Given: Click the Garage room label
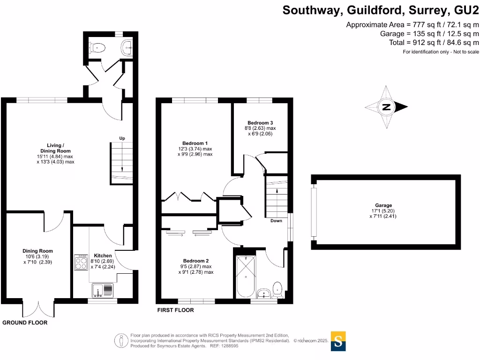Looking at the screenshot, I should pyautogui.click(x=383, y=205).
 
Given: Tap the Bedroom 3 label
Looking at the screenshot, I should pyautogui.click(x=260, y=122).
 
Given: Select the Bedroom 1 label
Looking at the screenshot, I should pyautogui.click(x=195, y=143).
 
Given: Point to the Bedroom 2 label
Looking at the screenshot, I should pyautogui.click(x=195, y=261).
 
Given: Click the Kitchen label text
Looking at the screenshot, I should pyautogui.click(x=103, y=256).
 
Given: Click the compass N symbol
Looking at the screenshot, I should pyautogui.click(x=386, y=107).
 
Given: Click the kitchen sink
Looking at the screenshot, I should pyautogui.click(x=103, y=291).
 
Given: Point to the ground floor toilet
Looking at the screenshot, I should pyautogui.click(x=97, y=47).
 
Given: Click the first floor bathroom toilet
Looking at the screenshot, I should pyautogui.click(x=277, y=289).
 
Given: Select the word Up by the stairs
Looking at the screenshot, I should pyautogui.click(x=122, y=138).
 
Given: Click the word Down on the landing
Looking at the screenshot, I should pyautogui.click(x=276, y=221).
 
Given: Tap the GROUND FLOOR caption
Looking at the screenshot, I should pyautogui.click(x=25, y=323).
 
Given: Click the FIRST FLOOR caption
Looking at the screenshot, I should pyautogui.click(x=175, y=310).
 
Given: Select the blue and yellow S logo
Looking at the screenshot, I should pyautogui.click(x=339, y=341).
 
